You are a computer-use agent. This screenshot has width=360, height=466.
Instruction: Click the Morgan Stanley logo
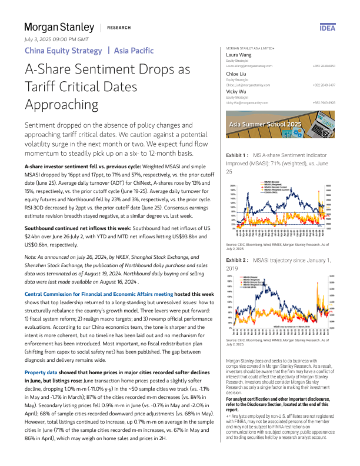click(x=59, y=27)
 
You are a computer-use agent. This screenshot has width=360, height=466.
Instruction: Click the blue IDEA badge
click(x=328, y=28)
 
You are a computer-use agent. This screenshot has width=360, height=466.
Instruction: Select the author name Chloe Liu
click(x=238, y=74)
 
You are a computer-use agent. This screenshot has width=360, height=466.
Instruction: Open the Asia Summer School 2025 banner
click(x=281, y=125)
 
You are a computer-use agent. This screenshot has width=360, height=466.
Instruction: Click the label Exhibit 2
click(x=238, y=259)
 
